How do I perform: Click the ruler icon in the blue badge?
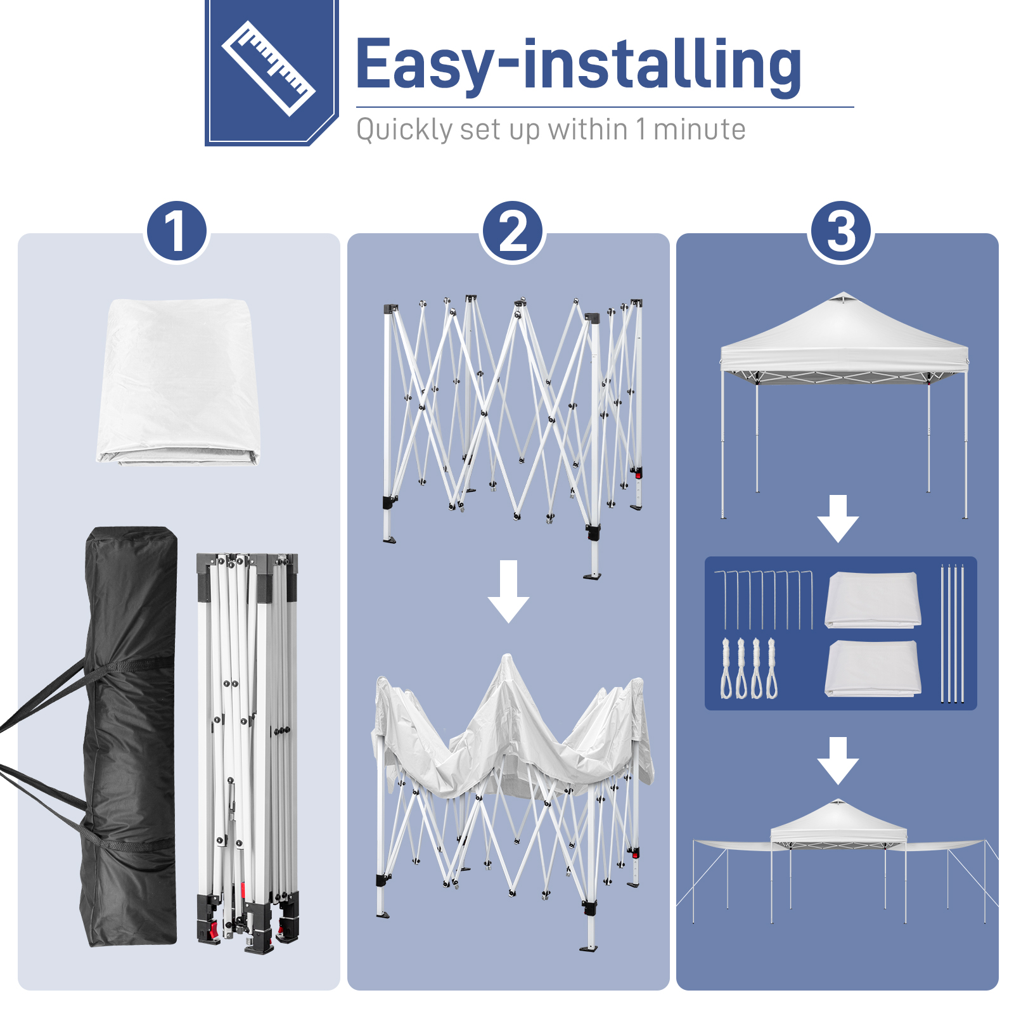point(269,68)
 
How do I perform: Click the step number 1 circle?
point(177,232)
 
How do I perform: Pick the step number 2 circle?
point(513,232)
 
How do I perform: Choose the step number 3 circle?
point(841,232)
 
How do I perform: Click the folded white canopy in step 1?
point(178,382)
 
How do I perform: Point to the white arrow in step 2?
point(508,591)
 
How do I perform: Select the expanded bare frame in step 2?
point(512,437)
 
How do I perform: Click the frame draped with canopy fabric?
point(512,802)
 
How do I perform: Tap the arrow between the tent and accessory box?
point(838,518)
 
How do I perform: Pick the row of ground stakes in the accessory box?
point(764,600)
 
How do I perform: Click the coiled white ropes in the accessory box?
point(749,669)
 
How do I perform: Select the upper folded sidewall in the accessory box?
point(873,600)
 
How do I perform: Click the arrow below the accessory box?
point(838,760)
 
